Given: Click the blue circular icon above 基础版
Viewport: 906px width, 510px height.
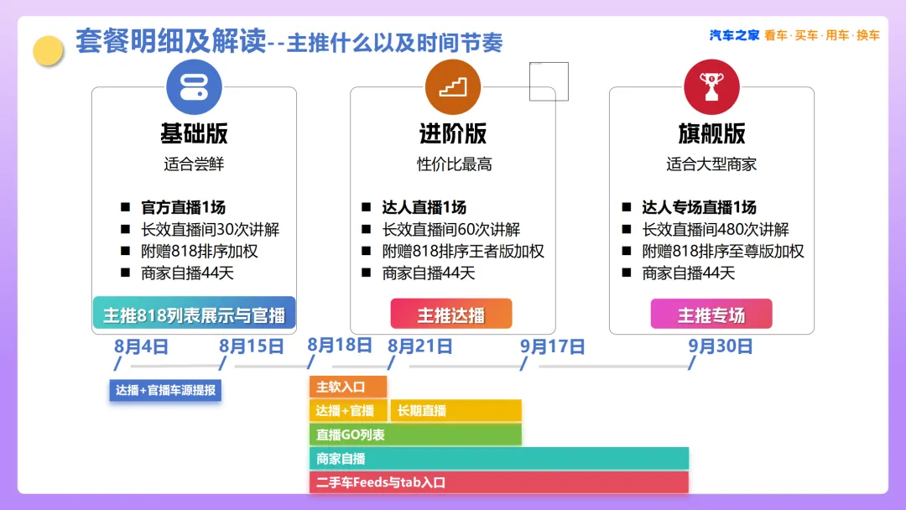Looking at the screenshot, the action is coord(194,87).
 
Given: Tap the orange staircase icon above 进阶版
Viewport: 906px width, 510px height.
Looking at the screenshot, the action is coord(453,87).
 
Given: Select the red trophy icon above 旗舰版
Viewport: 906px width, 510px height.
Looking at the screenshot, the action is coord(712,87).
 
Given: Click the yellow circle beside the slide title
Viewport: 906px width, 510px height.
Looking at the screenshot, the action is coord(48,51).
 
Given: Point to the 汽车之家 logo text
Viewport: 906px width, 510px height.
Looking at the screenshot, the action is coord(734,35).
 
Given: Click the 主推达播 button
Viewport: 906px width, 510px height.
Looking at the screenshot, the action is coord(451,314).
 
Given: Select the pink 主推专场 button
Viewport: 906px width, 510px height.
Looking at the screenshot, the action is coord(711,314).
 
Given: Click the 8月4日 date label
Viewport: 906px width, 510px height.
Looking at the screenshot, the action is coord(141,346).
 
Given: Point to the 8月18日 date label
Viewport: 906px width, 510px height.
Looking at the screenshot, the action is coord(340,346).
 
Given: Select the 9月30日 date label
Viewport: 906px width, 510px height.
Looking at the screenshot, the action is coord(720,346).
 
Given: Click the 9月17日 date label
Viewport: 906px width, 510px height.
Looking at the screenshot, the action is coord(552,346).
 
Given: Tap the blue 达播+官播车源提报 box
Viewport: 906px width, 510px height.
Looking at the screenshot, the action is coord(165,390).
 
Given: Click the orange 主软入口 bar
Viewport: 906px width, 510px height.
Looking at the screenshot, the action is coord(348,387).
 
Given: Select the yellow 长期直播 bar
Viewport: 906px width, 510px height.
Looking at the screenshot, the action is coord(456,411).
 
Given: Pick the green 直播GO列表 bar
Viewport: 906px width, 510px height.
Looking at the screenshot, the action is coord(415,435).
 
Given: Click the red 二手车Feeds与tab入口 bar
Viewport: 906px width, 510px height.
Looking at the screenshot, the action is coord(498,483).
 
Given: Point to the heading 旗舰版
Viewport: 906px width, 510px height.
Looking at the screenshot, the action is coord(712,133).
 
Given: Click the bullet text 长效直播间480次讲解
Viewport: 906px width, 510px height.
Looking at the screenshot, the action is coord(716,229).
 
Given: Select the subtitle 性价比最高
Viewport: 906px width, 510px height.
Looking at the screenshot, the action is coord(454,164).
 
